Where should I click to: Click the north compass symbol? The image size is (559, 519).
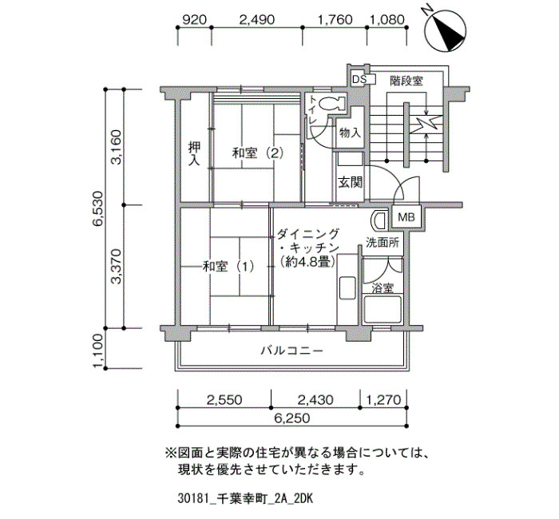[446, 30]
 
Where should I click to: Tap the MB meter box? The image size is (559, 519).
[406, 216]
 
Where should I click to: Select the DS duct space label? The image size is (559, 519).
[359, 80]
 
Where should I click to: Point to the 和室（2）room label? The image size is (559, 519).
[257, 153]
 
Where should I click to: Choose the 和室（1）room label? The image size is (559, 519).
[228, 266]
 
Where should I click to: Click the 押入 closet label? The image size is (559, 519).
[194, 153]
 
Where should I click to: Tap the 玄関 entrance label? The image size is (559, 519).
[350, 182]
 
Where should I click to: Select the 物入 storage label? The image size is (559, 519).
[350, 133]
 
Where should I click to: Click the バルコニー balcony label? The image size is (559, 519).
[292, 351]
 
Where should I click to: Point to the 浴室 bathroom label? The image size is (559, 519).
[383, 287]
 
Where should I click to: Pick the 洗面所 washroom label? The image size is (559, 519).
[383, 243]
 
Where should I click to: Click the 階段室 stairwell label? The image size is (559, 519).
[406, 81]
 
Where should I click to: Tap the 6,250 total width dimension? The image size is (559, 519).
[292, 418]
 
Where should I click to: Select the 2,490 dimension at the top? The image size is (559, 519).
[256, 19]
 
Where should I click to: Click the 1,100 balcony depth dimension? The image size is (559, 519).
[98, 351]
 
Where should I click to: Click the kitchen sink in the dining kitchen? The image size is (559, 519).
[347, 288]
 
